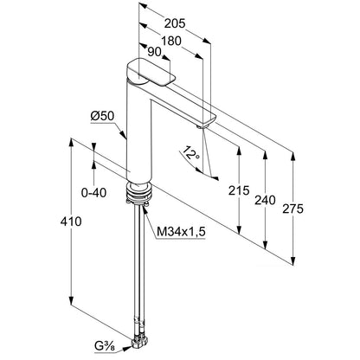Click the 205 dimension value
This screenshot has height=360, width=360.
[x=175, y=23]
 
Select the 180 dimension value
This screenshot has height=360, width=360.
[x=171, y=41]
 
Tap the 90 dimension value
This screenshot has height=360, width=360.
[x=154, y=52]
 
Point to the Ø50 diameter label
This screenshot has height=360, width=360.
[x=102, y=116]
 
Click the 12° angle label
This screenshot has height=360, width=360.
[x=191, y=153]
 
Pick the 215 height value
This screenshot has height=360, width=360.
[x=239, y=190]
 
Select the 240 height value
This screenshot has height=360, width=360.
[x=265, y=200]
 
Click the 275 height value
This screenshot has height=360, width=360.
[x=292, y=209]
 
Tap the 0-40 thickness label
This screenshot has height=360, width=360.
[x=93, y=193]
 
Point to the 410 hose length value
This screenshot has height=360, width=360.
[x=71, y=222]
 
